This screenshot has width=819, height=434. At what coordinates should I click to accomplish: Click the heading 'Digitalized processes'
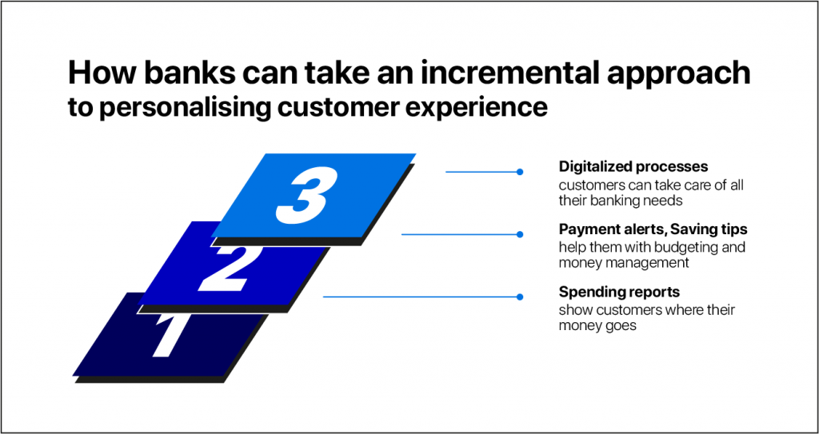point(633,166)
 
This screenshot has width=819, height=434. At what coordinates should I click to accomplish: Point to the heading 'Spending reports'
point(618,292)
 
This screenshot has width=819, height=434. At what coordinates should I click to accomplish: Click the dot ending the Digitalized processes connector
point(519,172)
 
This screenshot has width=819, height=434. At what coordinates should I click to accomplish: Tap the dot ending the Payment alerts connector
point(519,234)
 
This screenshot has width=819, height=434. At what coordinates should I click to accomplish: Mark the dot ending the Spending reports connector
point(519,297)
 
